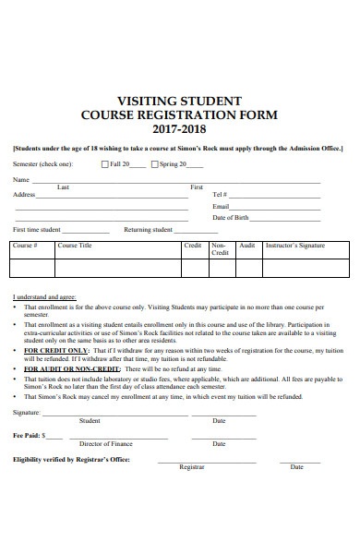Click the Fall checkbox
104,164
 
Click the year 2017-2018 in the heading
180,130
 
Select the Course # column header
24,246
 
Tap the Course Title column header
75,246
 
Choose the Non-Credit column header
220,248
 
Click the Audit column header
246,246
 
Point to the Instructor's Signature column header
295,246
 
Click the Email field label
221,207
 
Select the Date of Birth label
230,218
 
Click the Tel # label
220,195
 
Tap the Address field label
24,195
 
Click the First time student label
37,229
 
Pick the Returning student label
149,229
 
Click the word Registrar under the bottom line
191,467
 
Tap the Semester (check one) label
42,164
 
